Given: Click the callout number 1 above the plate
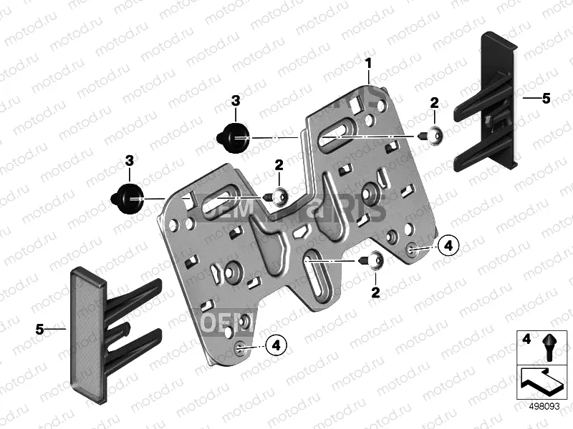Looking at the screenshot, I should [x=369, y=63].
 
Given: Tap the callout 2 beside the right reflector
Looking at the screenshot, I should [x=434, y=103].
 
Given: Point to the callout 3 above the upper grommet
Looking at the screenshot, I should [x=236, y=103].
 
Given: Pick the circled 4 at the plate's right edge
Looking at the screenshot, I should [x=447, y=246].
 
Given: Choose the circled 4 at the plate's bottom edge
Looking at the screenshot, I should [x=276, y=346].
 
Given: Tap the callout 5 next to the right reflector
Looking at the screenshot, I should [x=546, y=99].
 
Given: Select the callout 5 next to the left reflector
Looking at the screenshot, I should [x=41, y=329].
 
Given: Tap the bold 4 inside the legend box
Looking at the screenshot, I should [x=526, y=338].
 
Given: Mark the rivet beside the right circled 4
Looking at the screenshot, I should [x=412, y=248].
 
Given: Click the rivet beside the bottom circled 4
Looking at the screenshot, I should [x=239, y=347].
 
